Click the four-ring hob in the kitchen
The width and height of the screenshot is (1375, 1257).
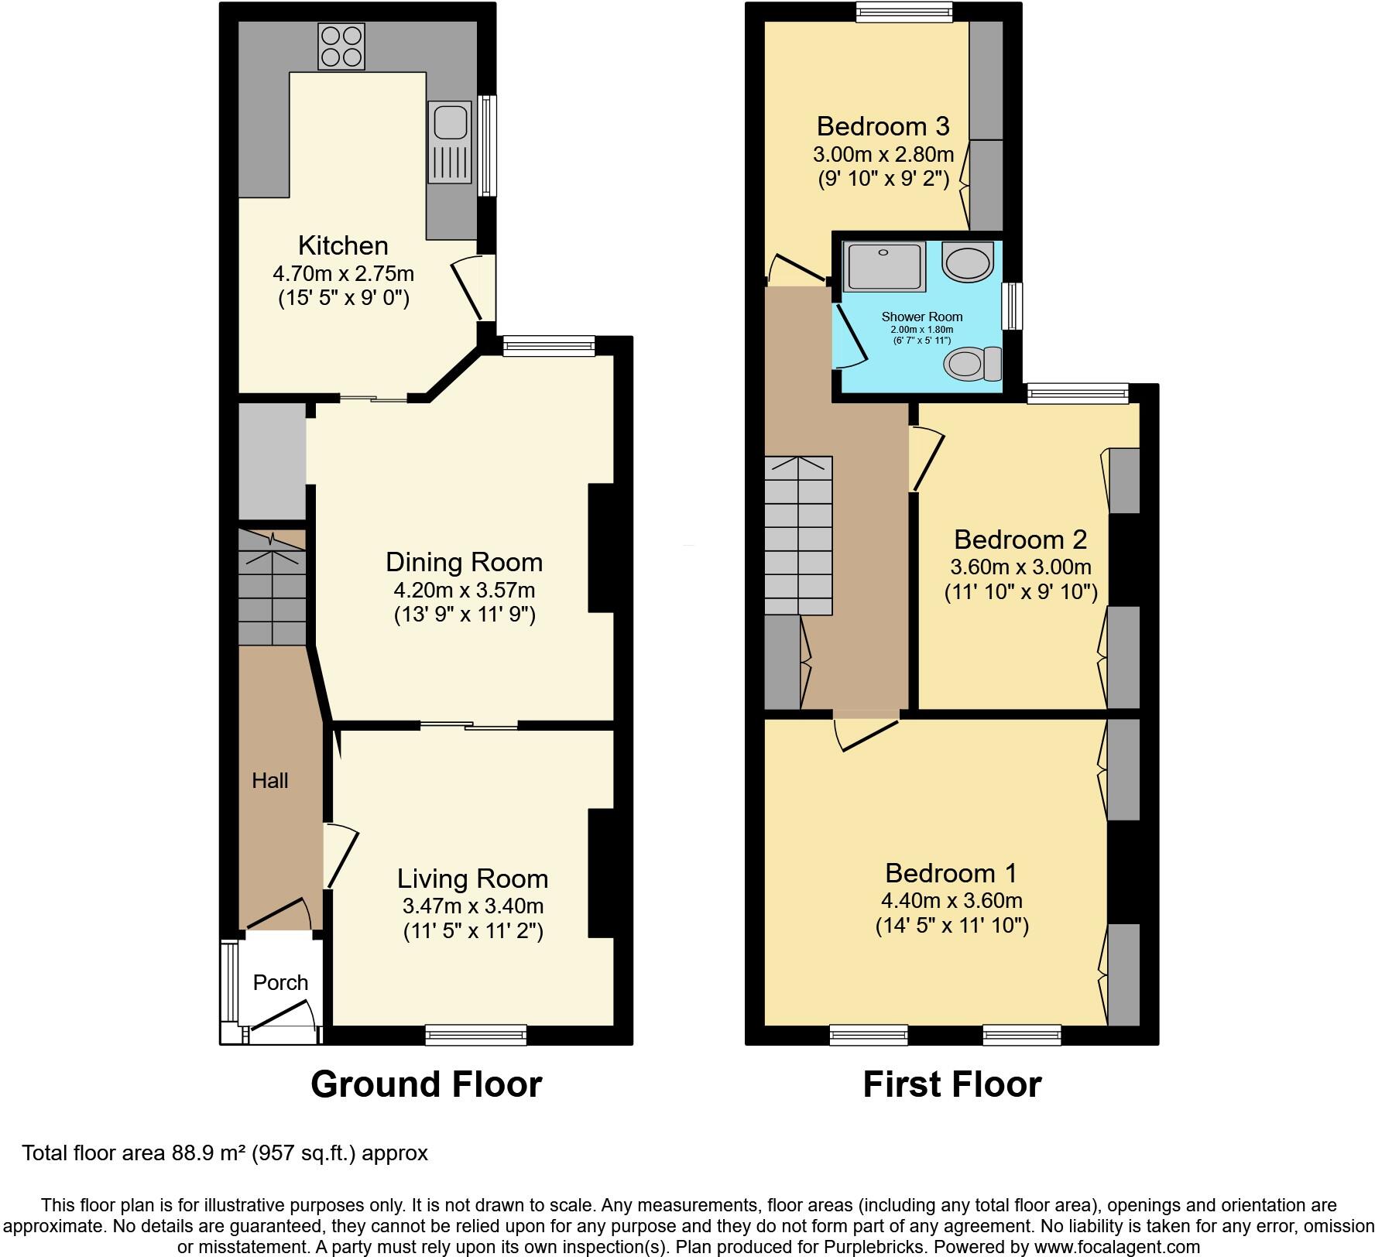tap(341, 46)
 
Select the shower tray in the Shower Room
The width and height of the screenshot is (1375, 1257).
tap(884, 267)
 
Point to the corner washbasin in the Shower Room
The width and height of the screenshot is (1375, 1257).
tap(968, 262)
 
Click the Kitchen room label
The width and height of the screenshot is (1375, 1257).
tap(343, 245)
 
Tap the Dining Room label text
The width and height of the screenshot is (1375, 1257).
tap(465, 562)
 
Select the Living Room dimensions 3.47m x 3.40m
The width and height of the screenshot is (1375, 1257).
tap(473, 906)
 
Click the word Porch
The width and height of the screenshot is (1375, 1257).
tap(280, 982)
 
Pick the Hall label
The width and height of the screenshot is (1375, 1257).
tap(269, 780)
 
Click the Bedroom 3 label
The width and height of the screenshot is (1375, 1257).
tap(883, 125)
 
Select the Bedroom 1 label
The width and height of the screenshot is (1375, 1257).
tap(951, 873)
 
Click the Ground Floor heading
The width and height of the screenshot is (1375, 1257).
tap(426, 1084)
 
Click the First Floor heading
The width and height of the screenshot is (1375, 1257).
tap(952, 1084)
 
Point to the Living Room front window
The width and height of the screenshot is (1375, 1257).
tap(476, 1035)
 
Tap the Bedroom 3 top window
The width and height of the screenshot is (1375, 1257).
tap(904, 12)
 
